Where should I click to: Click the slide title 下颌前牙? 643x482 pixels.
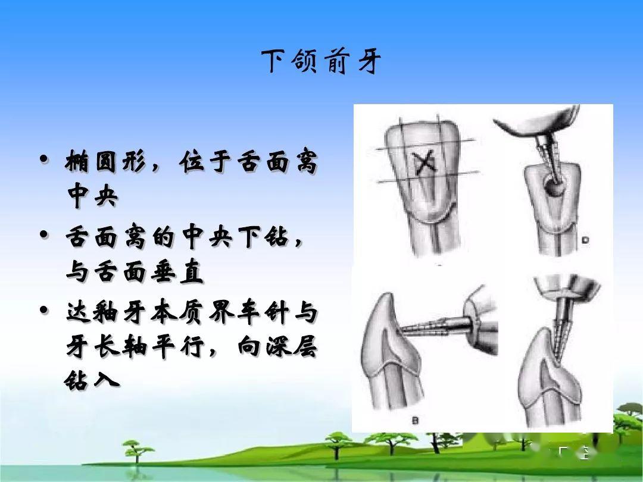321,62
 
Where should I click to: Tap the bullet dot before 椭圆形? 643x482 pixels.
44,158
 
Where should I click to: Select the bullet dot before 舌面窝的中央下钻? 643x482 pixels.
44,234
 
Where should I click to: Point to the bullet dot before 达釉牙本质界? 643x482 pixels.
44,310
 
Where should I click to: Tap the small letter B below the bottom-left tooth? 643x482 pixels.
416,420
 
